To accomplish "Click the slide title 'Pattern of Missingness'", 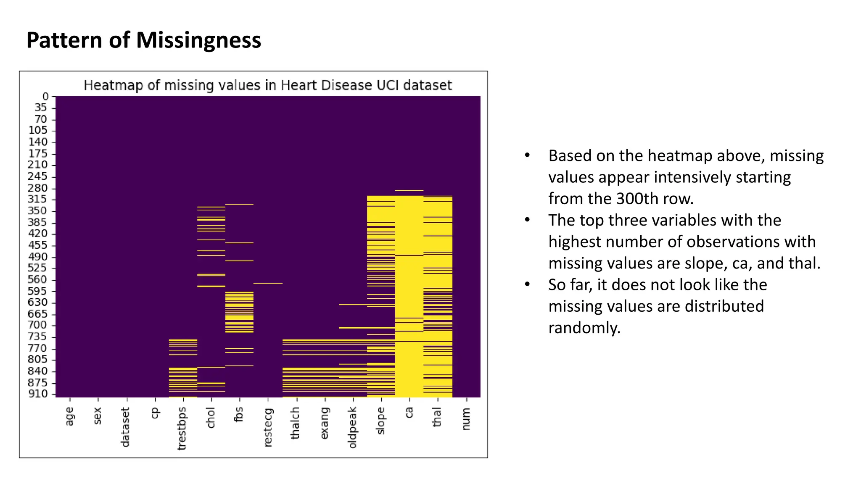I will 143,40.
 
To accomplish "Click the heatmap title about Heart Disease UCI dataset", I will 267,85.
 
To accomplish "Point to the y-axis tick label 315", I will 37,199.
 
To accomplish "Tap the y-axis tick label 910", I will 37,394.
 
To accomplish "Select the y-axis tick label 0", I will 45,97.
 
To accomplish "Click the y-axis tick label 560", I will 37,279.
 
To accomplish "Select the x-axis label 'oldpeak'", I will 352,427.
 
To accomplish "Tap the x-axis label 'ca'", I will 409,413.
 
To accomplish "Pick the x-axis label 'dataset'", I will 125,427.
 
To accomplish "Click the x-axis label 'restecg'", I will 268,427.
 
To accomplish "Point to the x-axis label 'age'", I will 69,416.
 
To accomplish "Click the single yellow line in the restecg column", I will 268,284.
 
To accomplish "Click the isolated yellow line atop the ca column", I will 409,190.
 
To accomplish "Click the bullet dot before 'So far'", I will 527,284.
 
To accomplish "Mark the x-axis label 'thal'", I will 437,417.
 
